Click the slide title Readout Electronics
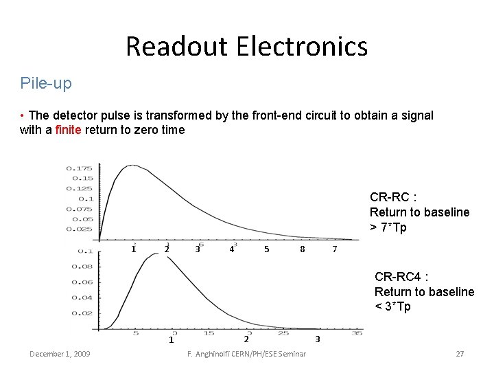pyautogui.click(x=246, y=47)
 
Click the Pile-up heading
pyautogui.click(x=46, y=84)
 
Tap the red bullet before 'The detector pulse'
pyautogui.click(x=23, y=115)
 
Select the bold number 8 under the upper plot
pyautogui.click(x=303, y=249)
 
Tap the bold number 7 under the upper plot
pyautogui.click(x=335, y=249)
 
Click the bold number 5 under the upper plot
pyautogui.click(x=267, y=249)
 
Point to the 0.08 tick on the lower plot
pyautogui.click(x=82, y=267)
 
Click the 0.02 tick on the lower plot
pyautogui.click(x=82, y=313)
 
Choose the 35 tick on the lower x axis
pyautogui.click(x=356, y=333)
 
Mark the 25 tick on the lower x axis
pyautogui.click(x=283, y=333)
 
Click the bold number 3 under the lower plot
pyautogui.click(x=317, y=339)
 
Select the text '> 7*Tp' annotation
pyautogui.click(x=388, y=227)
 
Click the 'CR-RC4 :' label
pyautogui.click(x=401, y=277)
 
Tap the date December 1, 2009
pyautogui.click(x=60, y=354)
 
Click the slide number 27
pyautogui.click(x=460, y=354)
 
